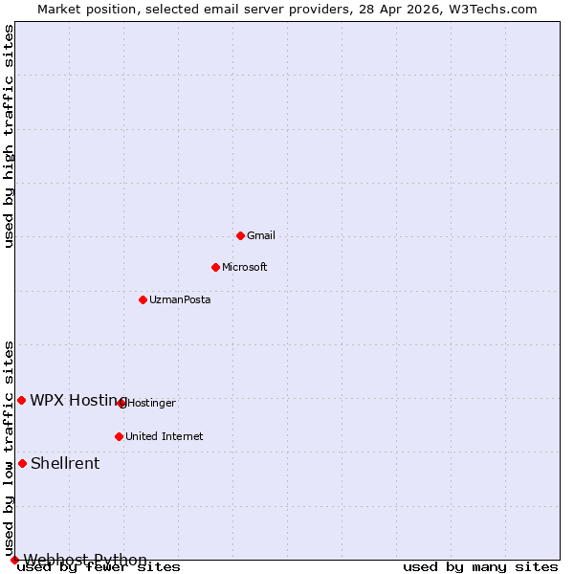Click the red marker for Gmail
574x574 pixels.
(240, 235)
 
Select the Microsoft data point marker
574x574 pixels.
(215, 267)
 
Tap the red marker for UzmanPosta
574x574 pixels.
(143, 299)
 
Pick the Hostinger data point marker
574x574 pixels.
(121, 403)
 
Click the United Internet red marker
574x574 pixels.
(119, 436)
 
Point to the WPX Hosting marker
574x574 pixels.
(21, 400)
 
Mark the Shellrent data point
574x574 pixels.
(22, 463)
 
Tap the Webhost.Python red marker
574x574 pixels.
(14, 560)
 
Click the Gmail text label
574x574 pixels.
(261, 235)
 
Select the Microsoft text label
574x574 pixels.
(245, 267)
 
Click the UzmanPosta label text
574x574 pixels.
(180, 299)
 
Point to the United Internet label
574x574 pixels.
(165, 436)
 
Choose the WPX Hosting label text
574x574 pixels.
(78, 400)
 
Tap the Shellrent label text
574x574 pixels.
(65, 463)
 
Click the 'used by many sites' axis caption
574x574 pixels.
(480, 566)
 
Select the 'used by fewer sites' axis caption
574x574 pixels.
(99, 566)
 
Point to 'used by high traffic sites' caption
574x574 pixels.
(10, 136)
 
